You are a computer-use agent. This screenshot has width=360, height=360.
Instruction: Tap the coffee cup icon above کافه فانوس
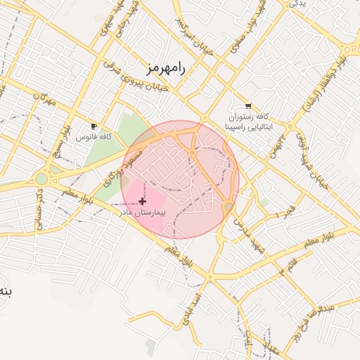point(94,127)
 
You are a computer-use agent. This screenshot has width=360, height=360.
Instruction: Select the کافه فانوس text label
point(96,136)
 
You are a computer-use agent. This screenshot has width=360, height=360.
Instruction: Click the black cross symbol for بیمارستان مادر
point(143,201)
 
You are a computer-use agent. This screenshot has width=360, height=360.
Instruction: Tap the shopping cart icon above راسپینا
point(247,106)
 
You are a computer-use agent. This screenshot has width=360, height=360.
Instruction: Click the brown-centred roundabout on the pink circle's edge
point(229,207)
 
